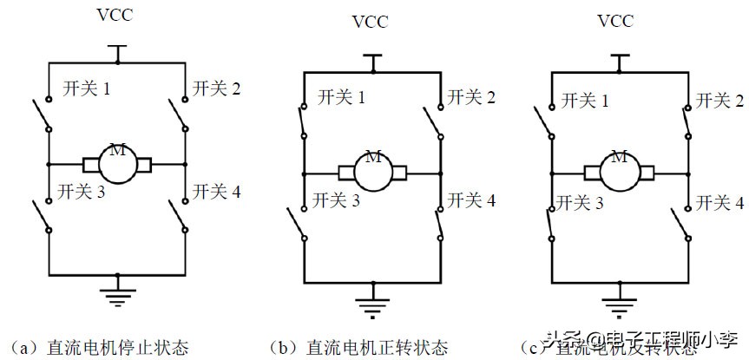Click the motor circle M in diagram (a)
pos(117,163)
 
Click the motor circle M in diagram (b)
pos(373,170)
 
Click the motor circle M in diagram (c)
pos(620,170)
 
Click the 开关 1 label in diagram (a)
pos(86,88)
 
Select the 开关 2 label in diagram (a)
pos(216,88)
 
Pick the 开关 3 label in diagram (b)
pos(341,202)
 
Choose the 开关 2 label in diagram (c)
pos(719,101)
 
